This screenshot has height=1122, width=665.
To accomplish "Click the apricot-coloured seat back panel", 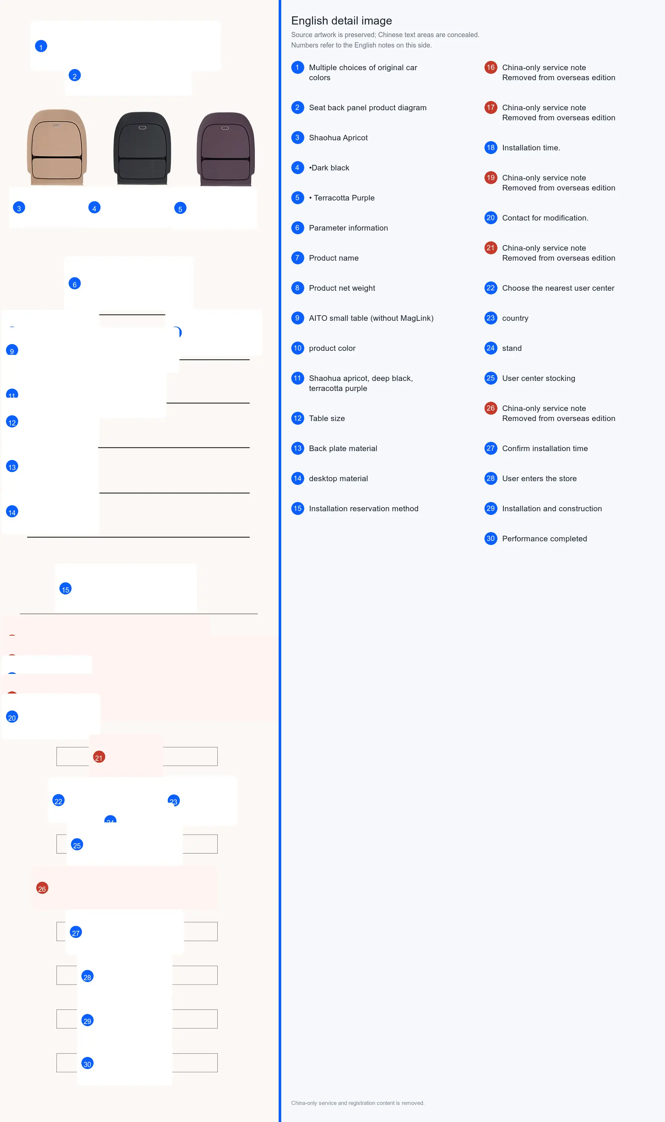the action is (56, 147).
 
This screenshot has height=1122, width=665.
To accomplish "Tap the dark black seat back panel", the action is (142, 148).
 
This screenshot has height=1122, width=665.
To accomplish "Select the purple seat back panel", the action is (226, 149).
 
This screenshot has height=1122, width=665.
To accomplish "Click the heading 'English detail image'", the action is (341, 20).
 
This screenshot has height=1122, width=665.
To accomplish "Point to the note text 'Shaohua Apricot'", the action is (338, 137).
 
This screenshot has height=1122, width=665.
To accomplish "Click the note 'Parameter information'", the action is (348, 228).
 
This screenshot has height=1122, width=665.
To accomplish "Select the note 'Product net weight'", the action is (342, 288).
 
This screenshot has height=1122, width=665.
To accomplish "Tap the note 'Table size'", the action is (327, 418).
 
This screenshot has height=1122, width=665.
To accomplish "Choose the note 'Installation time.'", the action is (531, 148).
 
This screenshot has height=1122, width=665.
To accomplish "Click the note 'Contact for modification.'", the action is (545, 218).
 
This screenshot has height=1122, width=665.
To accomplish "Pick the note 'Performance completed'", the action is (545, 539).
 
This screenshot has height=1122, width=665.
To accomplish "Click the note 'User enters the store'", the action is (539, 479).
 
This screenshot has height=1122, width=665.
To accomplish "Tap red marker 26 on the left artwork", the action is (42, 888).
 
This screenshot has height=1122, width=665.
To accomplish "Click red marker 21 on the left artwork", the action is (99, 757).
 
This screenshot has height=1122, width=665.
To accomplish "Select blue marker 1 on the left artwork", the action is (41, 46).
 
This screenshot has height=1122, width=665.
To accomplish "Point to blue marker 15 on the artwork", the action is (65, 589).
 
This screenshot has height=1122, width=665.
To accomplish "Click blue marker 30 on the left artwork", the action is (87, 1063).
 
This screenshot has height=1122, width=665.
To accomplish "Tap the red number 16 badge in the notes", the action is (491, 68).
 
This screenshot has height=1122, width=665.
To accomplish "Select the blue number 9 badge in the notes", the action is (298, 318).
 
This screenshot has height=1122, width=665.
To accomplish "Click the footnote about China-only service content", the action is (358, 1103).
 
